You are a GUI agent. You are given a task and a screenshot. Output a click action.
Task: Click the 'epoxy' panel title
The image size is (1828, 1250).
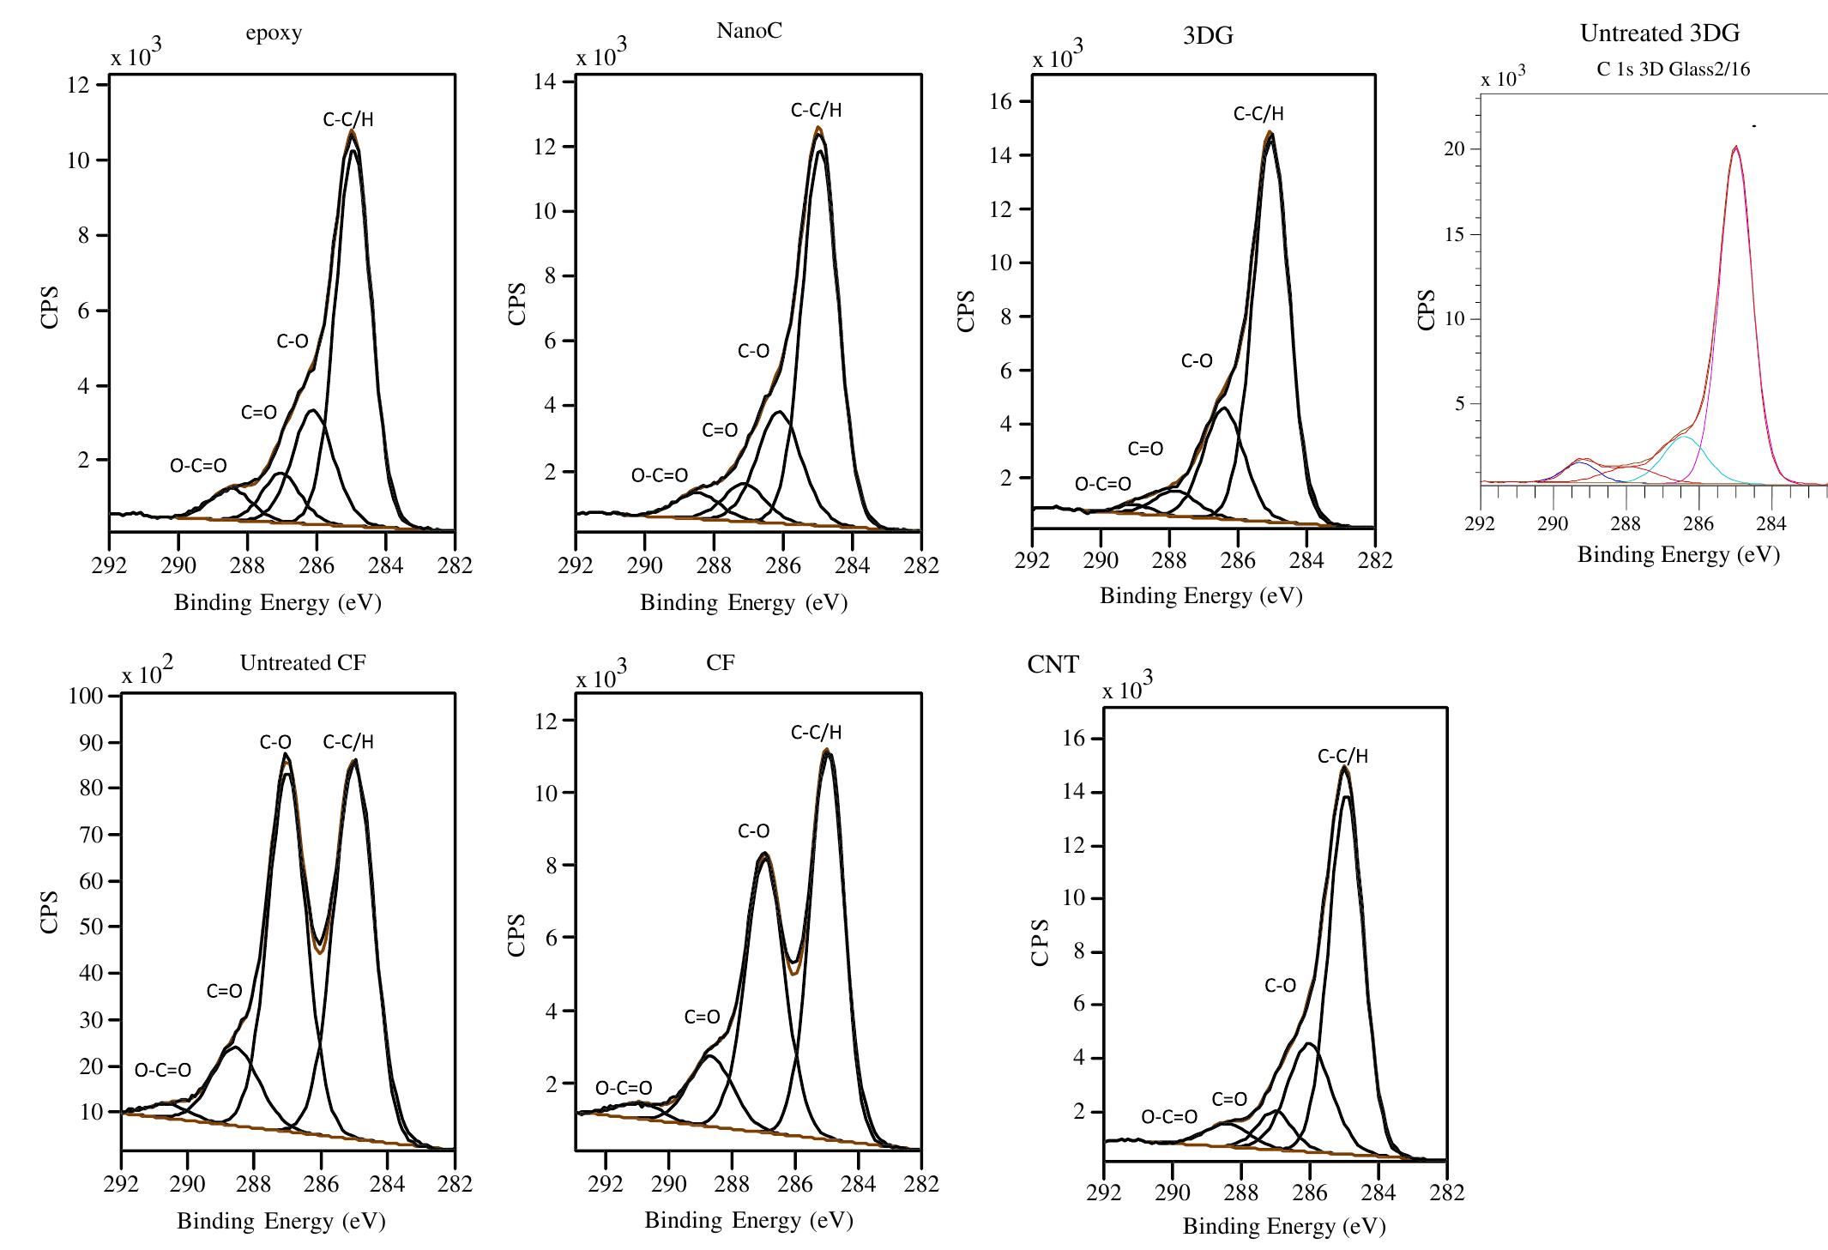point(274,33)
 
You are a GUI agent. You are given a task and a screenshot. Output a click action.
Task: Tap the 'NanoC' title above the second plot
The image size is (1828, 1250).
point(749,31)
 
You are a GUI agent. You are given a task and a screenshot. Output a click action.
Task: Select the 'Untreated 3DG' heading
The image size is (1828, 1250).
point(1659,33)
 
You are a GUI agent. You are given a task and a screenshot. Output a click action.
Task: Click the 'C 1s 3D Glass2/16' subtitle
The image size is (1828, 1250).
point(1673,70)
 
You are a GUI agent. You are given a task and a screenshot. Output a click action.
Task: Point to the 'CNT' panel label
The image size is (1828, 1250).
point(1053,665)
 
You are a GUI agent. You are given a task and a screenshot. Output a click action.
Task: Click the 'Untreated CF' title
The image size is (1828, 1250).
point(303,663)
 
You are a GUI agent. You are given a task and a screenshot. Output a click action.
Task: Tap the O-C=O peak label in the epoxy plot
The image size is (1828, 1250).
point(198,466)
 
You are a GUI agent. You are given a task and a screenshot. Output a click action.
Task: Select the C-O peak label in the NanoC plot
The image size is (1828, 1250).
point(753,351)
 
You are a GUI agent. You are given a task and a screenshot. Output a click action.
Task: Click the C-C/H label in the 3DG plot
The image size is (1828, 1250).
point(1258,113)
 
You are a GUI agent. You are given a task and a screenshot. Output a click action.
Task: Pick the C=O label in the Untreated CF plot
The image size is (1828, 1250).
point(224,991)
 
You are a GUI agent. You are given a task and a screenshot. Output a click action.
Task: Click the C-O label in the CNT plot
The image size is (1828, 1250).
point(1280,986)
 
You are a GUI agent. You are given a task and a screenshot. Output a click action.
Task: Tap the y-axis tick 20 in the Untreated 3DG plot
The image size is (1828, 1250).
point(1455,149)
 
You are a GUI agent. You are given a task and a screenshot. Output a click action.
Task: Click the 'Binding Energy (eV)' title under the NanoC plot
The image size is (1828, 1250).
point(743,602)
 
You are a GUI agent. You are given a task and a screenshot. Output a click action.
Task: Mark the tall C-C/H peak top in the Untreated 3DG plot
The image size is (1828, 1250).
point(1735,147)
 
